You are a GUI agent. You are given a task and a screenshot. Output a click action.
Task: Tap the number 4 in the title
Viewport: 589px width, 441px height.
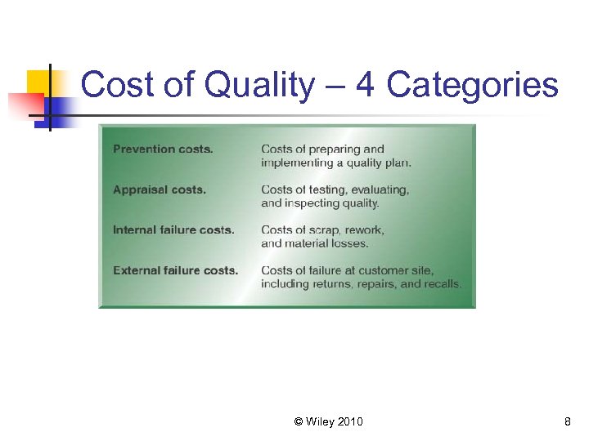[364, 85]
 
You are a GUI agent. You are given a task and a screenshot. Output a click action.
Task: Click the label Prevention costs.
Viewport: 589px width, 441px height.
[163, 149]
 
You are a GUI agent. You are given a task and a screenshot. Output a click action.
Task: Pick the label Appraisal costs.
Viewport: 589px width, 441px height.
[160, 189]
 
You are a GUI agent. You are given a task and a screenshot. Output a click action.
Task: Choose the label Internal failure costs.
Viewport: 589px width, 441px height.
[173, 230]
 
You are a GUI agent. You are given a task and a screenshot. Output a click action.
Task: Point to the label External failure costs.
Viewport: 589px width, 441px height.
[175, 270]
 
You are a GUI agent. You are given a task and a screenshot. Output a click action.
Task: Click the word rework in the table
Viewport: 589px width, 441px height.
[365, 230]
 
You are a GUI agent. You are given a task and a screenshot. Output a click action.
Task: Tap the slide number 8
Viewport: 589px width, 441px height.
[567, 421]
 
